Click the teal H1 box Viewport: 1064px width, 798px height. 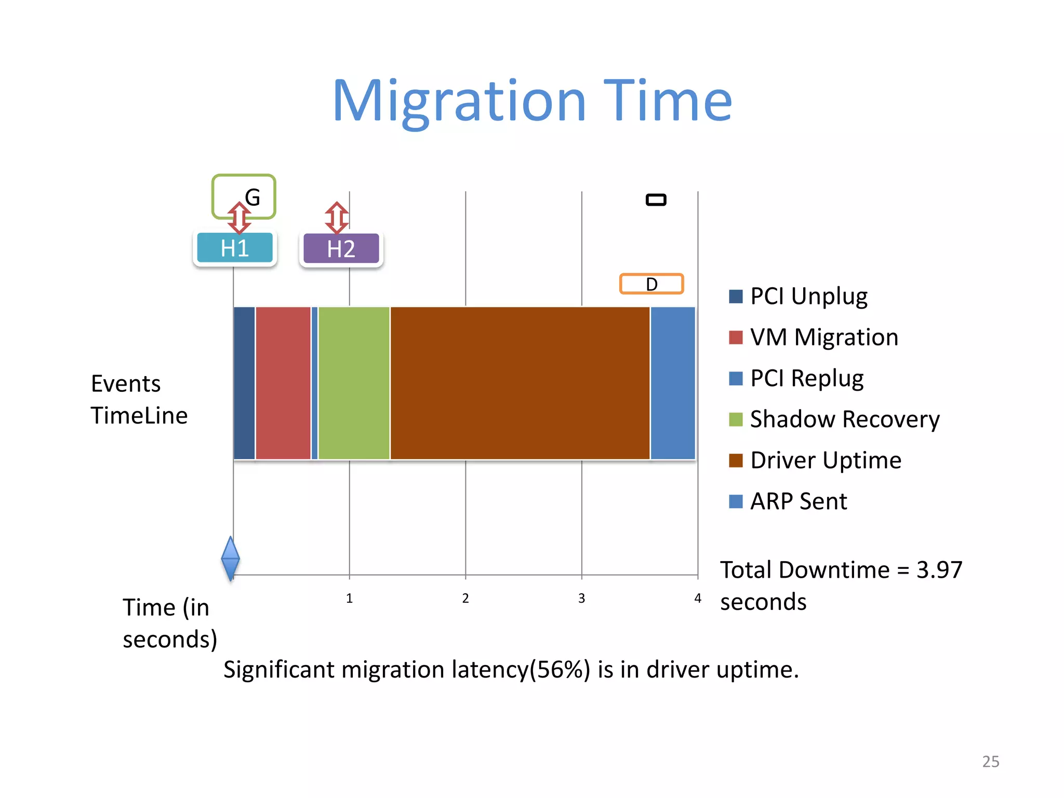235,248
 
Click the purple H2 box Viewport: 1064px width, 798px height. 341,249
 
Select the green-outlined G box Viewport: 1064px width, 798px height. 244,196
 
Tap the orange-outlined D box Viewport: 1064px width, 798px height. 651,284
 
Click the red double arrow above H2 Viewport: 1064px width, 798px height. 337,217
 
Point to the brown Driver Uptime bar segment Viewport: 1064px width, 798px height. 520,383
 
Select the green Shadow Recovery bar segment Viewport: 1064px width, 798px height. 354,383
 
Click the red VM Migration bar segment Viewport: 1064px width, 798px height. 283,383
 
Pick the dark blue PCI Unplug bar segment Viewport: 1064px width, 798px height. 244,383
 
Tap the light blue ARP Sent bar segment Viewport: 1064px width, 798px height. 673,383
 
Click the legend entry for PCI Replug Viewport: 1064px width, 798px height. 806,378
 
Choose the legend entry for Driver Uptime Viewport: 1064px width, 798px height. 825,460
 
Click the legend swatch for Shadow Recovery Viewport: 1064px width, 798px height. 736,419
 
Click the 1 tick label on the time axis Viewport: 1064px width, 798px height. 349,598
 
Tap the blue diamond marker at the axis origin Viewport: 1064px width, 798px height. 230,558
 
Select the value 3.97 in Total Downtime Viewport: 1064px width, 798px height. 939,570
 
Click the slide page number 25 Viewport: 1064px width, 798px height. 990,762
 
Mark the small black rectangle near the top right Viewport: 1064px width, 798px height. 656,199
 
